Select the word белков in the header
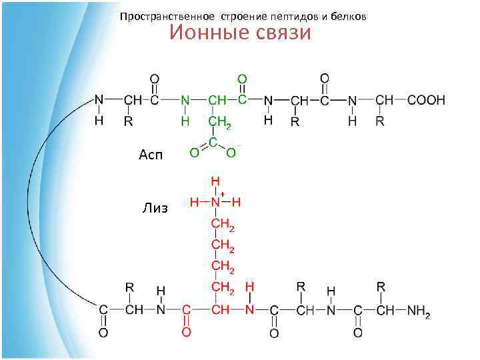tap(349, 16)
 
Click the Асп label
tap(151, 155)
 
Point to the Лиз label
tap(155, 208)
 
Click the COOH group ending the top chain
tap(426, 100)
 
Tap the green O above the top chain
tap(242, 79)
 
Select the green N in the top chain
tap(185, 100)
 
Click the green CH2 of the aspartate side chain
tap(220, 123)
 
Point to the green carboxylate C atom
tap(213, 143)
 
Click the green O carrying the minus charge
tap(231, 153)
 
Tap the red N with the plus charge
tap(215, 201)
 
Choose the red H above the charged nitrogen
tap(215, 181)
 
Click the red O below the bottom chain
tap(187, 331)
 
